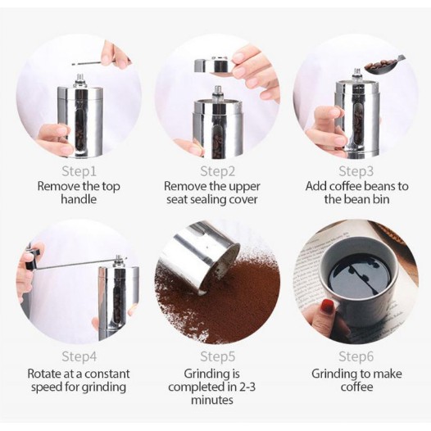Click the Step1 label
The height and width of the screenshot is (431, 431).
[79, 171]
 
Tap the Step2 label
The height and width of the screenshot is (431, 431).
[218, 171]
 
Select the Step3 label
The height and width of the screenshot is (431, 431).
[356, 171]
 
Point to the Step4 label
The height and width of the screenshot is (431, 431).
[79, 356]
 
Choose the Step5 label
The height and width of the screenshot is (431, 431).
[218, 356]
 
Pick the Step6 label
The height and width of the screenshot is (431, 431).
[356, 356]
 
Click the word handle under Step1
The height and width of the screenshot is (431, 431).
[79, 199]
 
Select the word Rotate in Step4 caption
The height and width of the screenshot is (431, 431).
[44, 374]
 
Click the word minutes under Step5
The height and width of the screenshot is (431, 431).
[212, 400]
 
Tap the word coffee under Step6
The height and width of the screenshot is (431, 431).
[356, 387]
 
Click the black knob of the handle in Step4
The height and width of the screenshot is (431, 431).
[33, 260]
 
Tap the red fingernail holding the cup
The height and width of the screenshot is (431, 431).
[328, 306]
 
